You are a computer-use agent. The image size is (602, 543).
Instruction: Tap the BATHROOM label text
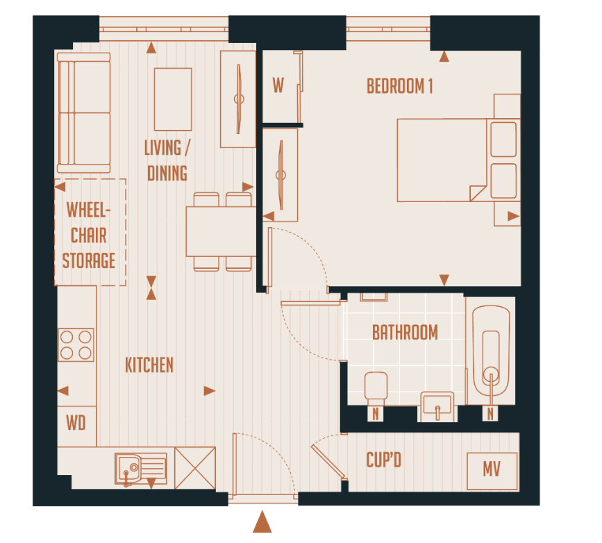[x=405, y=333]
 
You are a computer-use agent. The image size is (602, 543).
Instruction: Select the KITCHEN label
[x=149, y=365]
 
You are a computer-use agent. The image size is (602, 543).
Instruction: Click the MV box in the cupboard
[x=492, y=471]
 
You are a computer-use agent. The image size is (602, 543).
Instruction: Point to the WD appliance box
[x=76, y=422]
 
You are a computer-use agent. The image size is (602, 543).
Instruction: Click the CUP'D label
[x=383, y=460]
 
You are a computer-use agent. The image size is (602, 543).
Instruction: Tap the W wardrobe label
[x=278, y=86]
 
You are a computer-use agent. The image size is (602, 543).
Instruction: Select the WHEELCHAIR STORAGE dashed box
[x=90, y=233]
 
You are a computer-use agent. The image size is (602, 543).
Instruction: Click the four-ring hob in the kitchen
[x=76, y=344]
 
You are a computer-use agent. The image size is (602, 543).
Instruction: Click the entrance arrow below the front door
[x=262, y=522]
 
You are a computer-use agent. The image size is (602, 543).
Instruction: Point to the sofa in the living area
[x=84, y=113]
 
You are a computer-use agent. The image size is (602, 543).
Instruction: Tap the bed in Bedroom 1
[x=442, y=160]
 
